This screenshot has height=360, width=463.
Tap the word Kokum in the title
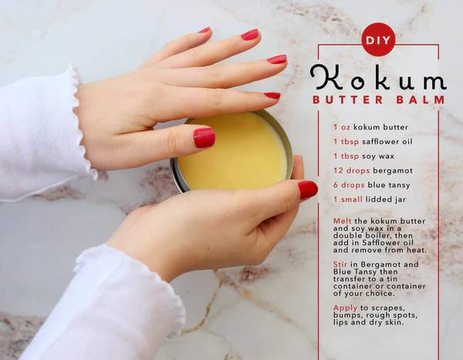[377, 78]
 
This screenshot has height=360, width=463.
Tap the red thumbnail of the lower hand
[308, 190]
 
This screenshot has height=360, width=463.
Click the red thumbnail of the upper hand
[204, 137]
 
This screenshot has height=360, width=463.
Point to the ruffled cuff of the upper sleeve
[83, 123]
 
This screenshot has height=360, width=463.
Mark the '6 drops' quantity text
[350, 185]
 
